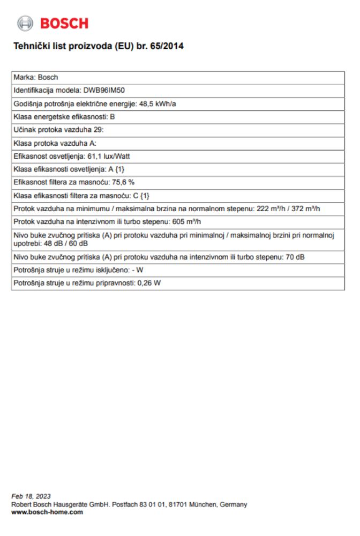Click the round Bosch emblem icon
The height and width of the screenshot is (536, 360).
[x=25, y=23]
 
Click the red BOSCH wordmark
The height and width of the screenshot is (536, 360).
[x=64, y=24]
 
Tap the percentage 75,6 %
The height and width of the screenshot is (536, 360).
[x=123, y=182]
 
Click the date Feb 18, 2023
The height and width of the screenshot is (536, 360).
[x=31, y=496]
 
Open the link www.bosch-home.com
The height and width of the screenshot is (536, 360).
[x=47, y=512]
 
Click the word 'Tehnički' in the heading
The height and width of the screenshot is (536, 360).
[x=31, y=47]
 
